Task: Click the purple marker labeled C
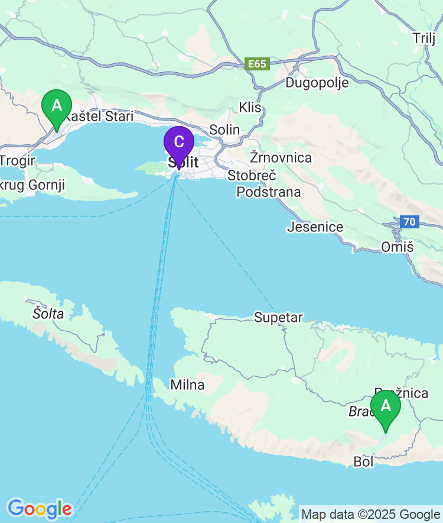(178, 143)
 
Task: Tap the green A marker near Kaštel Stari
(57, 106)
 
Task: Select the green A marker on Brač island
(386, 406)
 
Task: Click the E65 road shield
(258, 64)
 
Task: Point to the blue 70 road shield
(409, 222)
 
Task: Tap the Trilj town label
(424, 38)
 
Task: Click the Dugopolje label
(317, 83)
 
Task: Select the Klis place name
(250, 108)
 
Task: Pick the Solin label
(225, 130)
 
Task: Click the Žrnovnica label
(281, 158)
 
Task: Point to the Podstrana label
(269, 192)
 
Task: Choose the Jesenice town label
(315, 227)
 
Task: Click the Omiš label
(397, 247)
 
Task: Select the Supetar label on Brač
(278, 318)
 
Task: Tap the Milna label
(187, 385)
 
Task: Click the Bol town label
(363, 462)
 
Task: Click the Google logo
(40, 508)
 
